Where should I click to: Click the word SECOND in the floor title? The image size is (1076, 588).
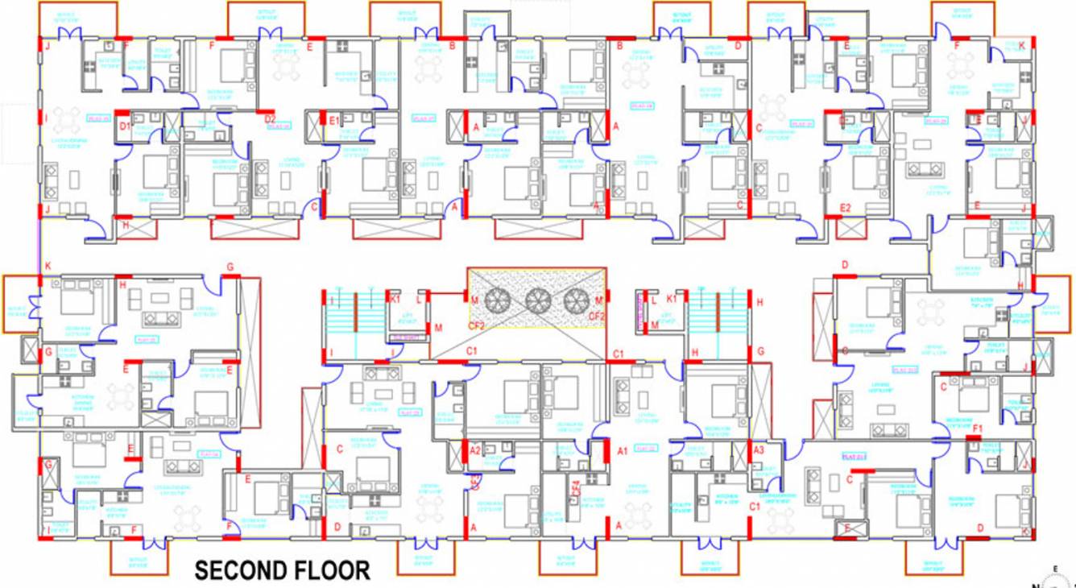(x=244, y=571)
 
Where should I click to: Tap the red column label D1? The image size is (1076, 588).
(x=125, y=127)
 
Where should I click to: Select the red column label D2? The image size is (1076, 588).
(x=271, y=120)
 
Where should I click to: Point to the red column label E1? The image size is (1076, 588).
(x=334, y=121)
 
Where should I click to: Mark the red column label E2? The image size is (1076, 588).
(x=845, y=208)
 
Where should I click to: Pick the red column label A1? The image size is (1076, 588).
(x=622, y=452)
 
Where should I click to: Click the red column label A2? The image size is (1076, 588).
(x=475, y=451)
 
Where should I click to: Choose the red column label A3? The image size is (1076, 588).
(x=758, y=451)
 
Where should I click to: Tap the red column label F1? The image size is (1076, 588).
(x=979, y=428)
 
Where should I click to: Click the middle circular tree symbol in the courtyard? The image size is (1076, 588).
(x=537, y=301)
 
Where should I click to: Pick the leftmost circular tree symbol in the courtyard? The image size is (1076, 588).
(x=499, y=301)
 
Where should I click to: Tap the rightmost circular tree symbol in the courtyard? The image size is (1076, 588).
(x=575, y=301)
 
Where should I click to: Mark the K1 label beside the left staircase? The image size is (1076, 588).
(x=395, y=299)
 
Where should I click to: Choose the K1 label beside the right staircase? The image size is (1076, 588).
(x=671, y=299)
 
